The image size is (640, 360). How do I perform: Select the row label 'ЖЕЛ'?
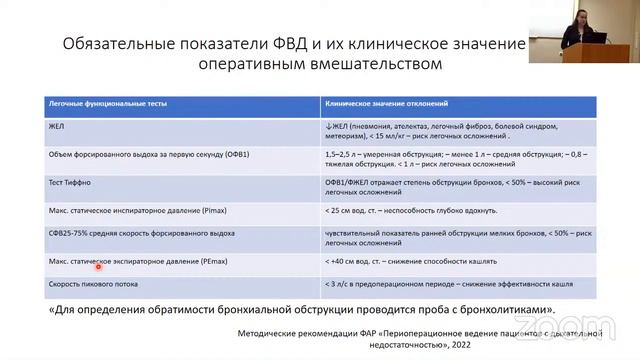click(57, 127)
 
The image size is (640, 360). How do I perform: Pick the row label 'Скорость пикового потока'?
click(93, 284)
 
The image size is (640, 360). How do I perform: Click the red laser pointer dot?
click(99, 266)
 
